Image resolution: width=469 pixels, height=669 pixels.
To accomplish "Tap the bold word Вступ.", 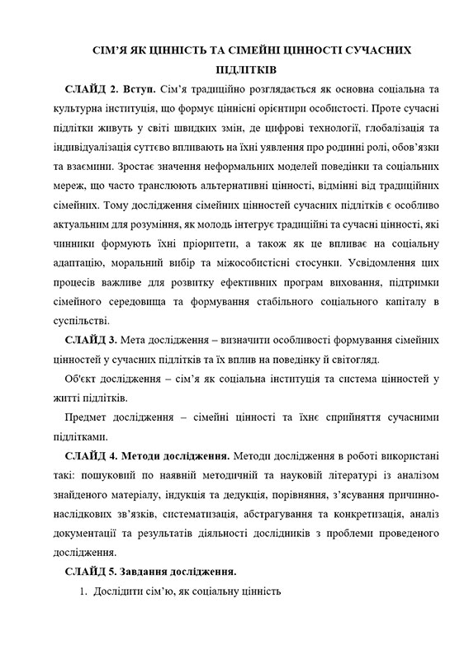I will point(140,89).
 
